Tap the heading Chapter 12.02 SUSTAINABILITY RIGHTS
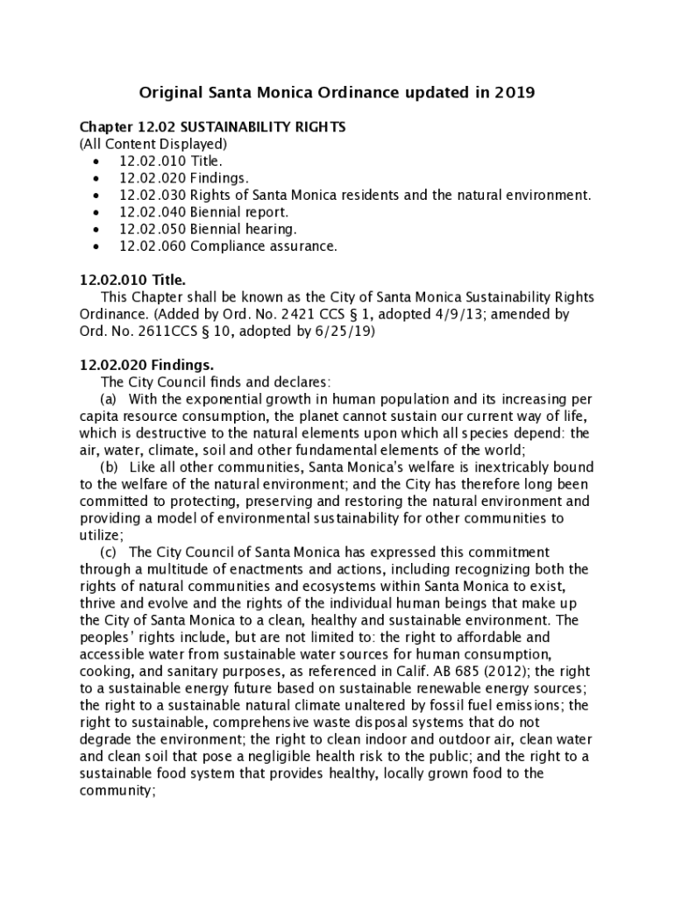pyautogui.click(x=212, y=127)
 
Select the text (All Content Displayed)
pyautogui.click(x=153, y=144)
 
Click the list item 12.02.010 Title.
pyautogui.click(x=170, y=161)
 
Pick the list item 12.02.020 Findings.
pyautogui.click(x=182, y=178)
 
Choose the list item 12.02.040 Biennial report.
pyautogui.click(x=203, y=212)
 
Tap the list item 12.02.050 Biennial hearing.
pyautogui.click(x=207, y=229)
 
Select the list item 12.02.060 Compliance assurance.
pyautogui.click(x=227, y=246)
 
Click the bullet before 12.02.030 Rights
pyautogui.click(x=95, y=196)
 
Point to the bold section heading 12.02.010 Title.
pyautogui.click(x=132, y=281)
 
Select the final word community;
pyautogui.click(x=117, y=789)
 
